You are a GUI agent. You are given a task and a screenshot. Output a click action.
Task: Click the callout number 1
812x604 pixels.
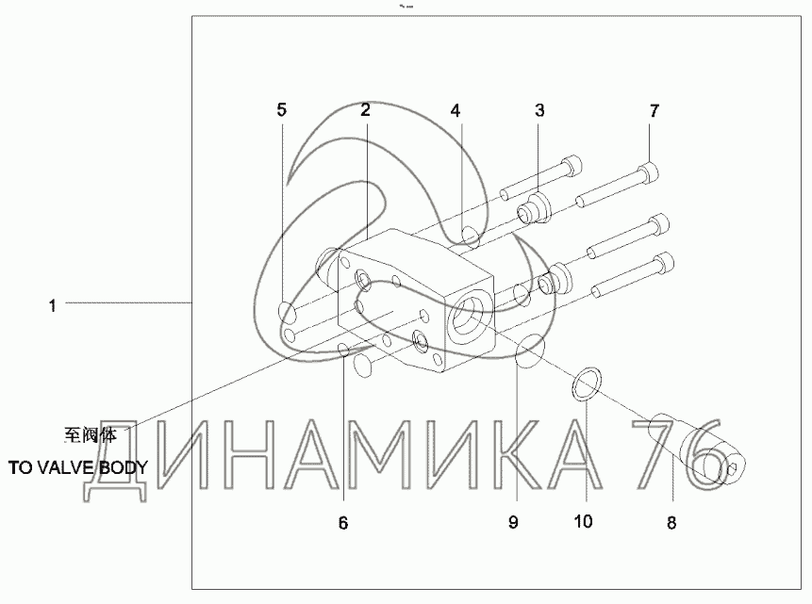tap(52, 306)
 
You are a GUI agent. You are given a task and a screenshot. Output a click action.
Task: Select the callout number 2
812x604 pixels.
tap(366, 109)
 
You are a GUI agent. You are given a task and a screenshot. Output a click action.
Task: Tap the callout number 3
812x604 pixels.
tap(539, 110)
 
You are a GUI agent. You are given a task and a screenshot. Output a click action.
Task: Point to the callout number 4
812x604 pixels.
tap(456, 111)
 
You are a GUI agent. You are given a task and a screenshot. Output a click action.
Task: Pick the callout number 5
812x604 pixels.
tap(281, 109)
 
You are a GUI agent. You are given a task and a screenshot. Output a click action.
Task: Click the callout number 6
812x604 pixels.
tap(343, 523)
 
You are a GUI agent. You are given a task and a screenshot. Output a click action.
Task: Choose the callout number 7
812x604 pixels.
tap(655, 111)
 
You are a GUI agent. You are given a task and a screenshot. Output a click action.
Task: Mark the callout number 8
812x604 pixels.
tap(671, 523)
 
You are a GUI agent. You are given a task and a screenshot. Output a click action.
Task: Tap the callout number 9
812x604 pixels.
tap(513, 522)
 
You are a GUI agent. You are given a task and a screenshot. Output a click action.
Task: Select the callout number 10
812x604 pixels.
tap(583, 521)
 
